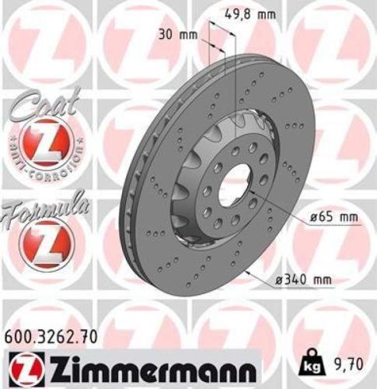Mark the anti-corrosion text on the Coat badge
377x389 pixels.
(46, 164)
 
